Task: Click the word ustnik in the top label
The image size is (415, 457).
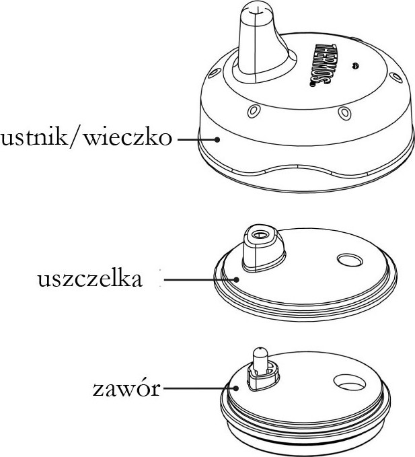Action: click(34, 140)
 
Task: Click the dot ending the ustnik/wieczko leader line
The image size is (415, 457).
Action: click(218, 140)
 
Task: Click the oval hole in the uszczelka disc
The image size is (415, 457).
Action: click(350, 259)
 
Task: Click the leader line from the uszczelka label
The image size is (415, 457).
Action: click(198, 279)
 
